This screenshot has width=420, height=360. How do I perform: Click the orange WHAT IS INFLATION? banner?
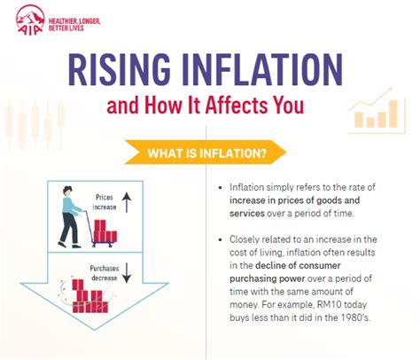click(x=209, y=153)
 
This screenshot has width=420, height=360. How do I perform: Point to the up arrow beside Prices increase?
click(x=127, y=205)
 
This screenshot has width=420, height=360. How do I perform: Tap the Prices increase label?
click(x=105, y=203)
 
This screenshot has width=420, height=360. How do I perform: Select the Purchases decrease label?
click(x=105, y=271)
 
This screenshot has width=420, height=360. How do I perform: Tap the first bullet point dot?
click(x=221, y=189)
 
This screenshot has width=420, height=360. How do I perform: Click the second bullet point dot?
click(x=221, y=240)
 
